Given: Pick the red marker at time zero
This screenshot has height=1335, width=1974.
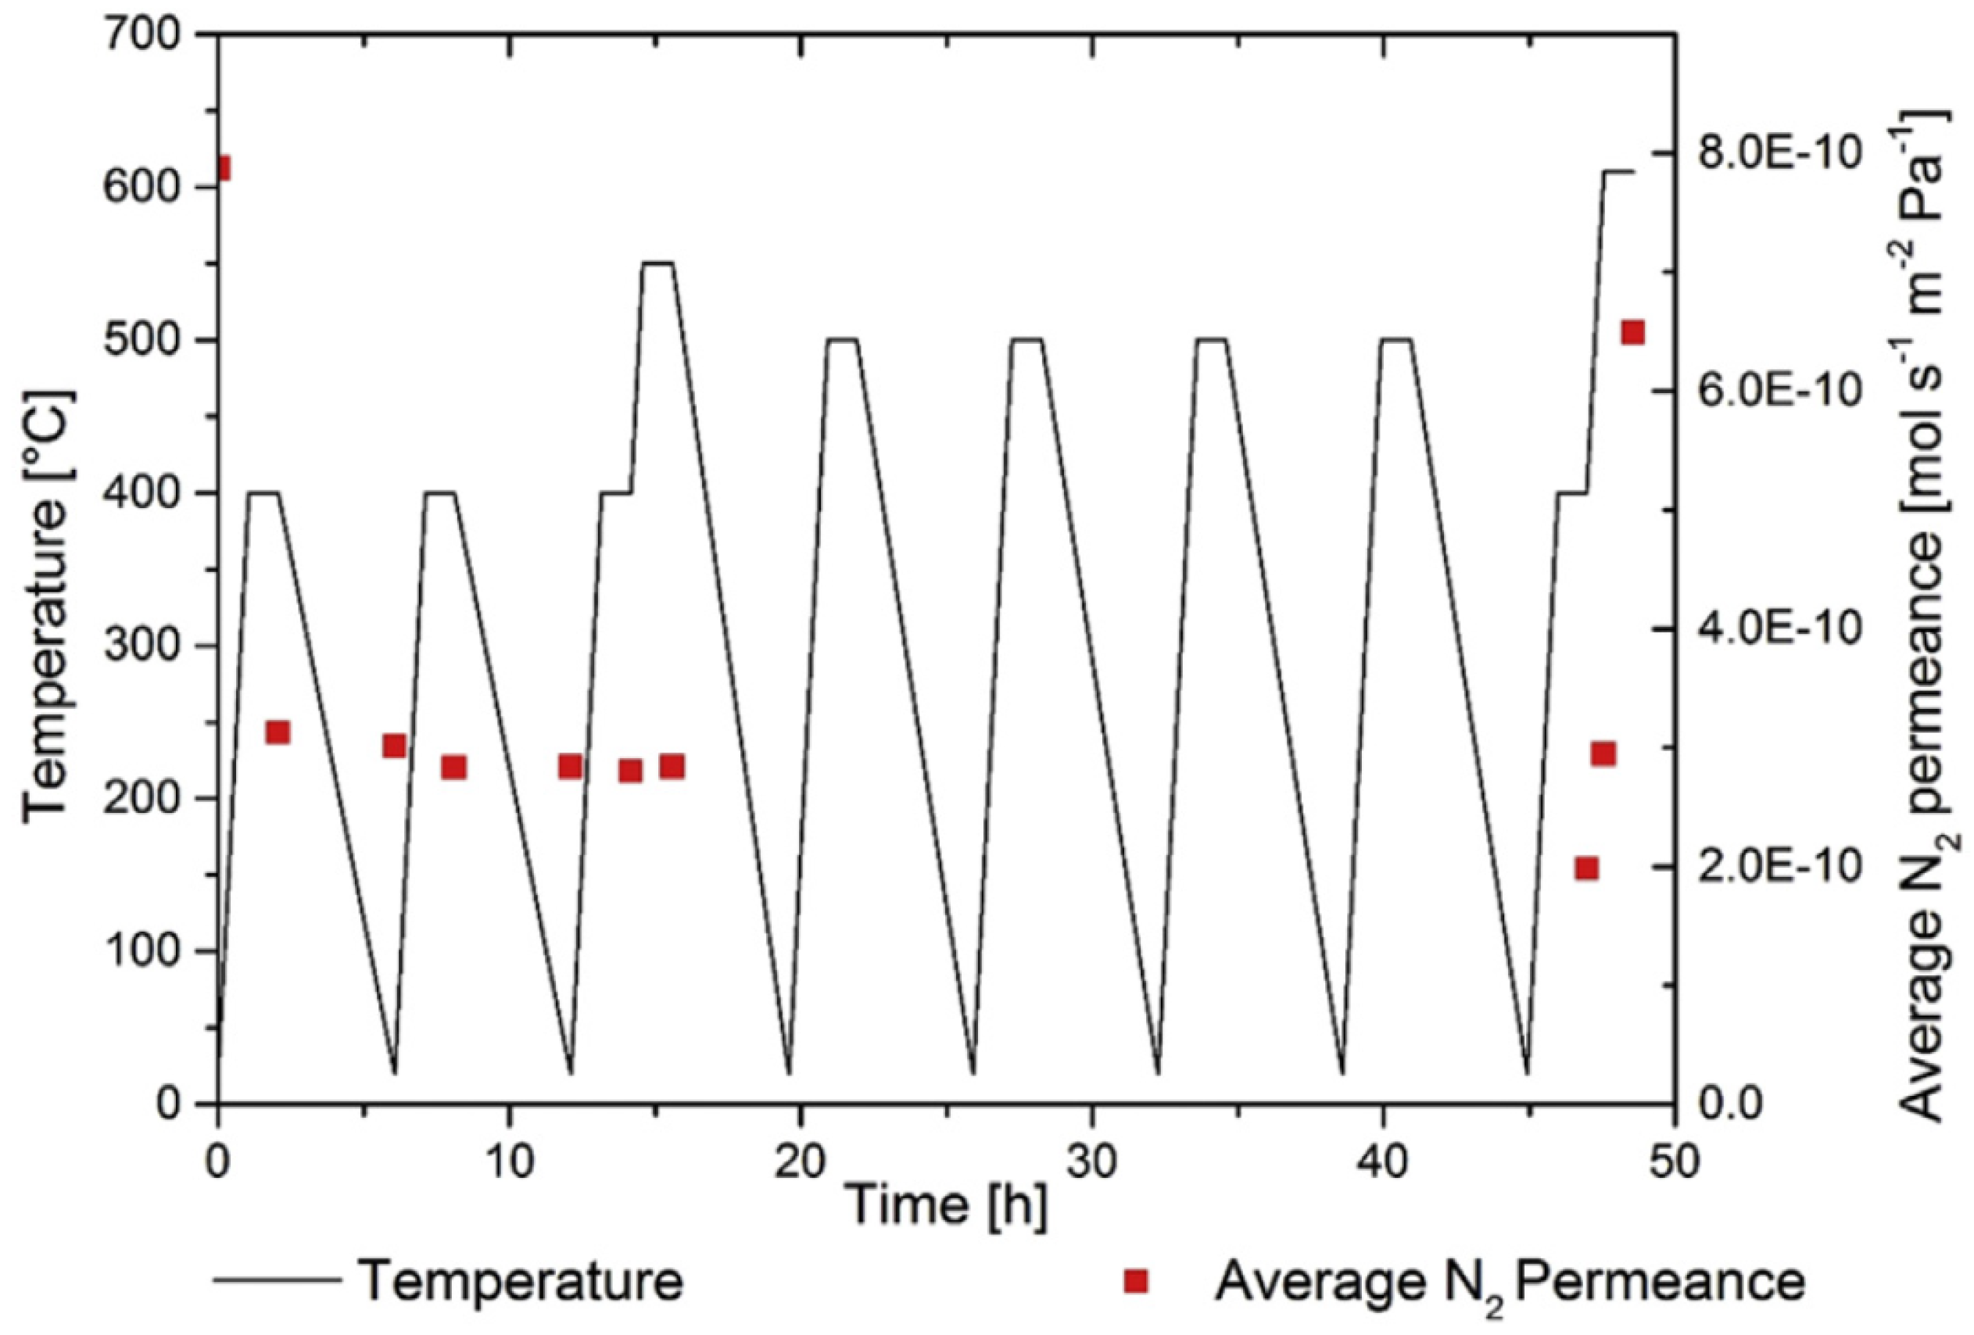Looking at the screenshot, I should tap(222, 168).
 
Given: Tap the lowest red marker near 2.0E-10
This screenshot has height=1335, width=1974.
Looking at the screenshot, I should tap(1585, 868).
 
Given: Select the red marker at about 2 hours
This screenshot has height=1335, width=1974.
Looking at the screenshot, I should tap(278, 732).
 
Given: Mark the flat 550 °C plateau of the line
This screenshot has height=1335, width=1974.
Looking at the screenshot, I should tap(658, 263).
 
